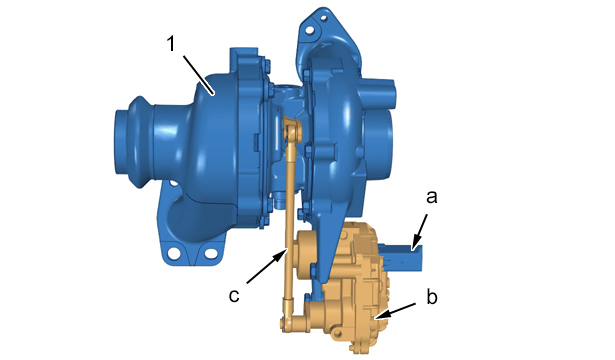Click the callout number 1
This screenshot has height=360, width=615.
click(x=171, y=44)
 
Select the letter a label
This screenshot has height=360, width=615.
click(x=431, y=197)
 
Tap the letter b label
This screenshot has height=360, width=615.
click(x=432, y=296)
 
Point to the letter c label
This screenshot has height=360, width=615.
click(x=234, y=296)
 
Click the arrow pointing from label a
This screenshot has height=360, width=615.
click(x=420, y=232)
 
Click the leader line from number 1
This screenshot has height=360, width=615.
click(x=199, y=75)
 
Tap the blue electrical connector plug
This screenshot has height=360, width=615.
click(x=401, y=257)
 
